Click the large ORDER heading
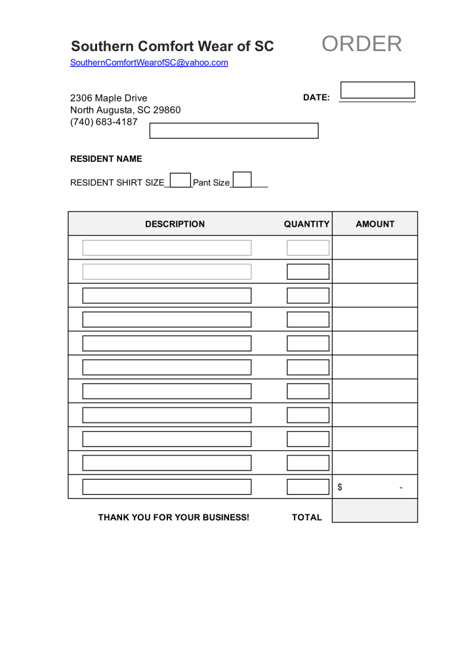coord(361,44)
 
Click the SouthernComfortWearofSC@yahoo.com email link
coord(149,63)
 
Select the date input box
coord(378,90)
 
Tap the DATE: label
coord(316,98)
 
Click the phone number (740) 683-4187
coord(104,122)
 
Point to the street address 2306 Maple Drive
coord(109,98)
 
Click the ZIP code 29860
coord(167,110)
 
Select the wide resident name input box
coord(234,130)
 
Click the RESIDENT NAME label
coord(106,159)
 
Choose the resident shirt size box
coord(180,180)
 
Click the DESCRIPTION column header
coord(175,224)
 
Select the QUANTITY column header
coord(306,224)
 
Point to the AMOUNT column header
coord(375,224)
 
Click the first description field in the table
coord(167,248)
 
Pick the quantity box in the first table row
coord(308,248)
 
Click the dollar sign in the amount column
coord(340,487)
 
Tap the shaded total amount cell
coord(375,510)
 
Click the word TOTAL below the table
coord(307,517)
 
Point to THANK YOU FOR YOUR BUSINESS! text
coord(174,517)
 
